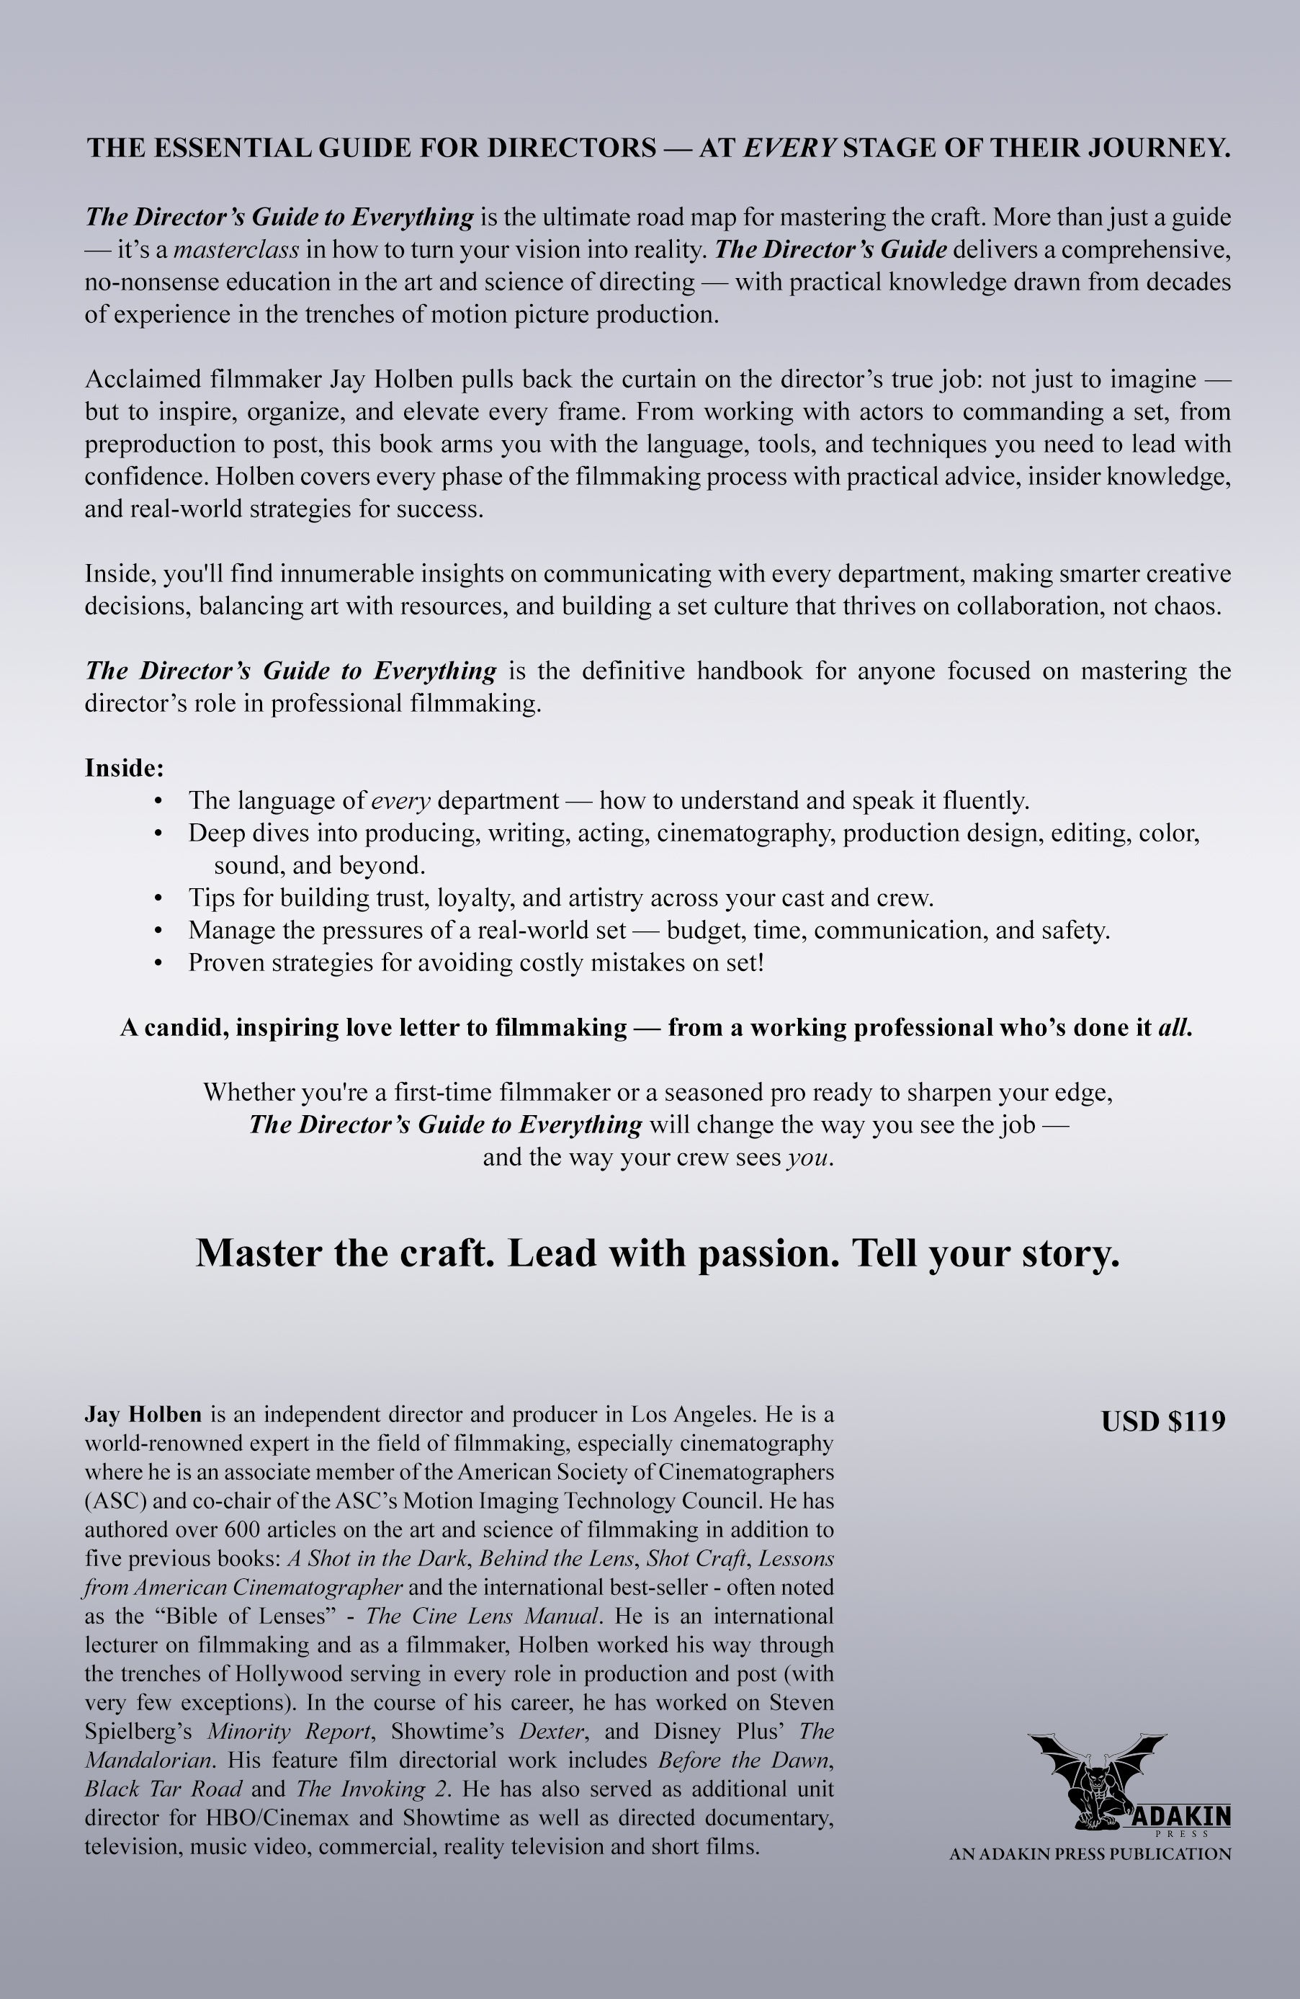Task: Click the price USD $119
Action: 1162,1421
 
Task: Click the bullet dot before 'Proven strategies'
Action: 158,962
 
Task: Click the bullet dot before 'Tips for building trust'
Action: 158,898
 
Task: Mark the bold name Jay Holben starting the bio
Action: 143,1414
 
